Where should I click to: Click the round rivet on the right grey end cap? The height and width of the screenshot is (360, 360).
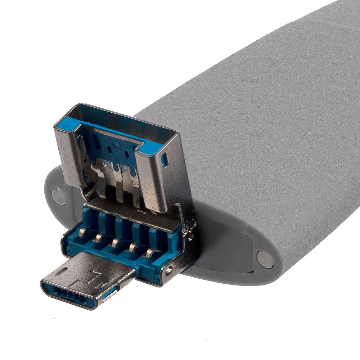pyautogui.click(x=266, y=259)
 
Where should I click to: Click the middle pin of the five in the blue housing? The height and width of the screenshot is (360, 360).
pyautogui.click(x=115, y=242)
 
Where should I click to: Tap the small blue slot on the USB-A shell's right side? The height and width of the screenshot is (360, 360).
pyautogui.click(x=165, y=161)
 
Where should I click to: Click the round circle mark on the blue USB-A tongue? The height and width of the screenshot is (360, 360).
pyautogui.click(x=116, y=145)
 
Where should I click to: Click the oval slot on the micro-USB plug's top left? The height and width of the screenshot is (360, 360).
pyautogui.click(x=62, y=270)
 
